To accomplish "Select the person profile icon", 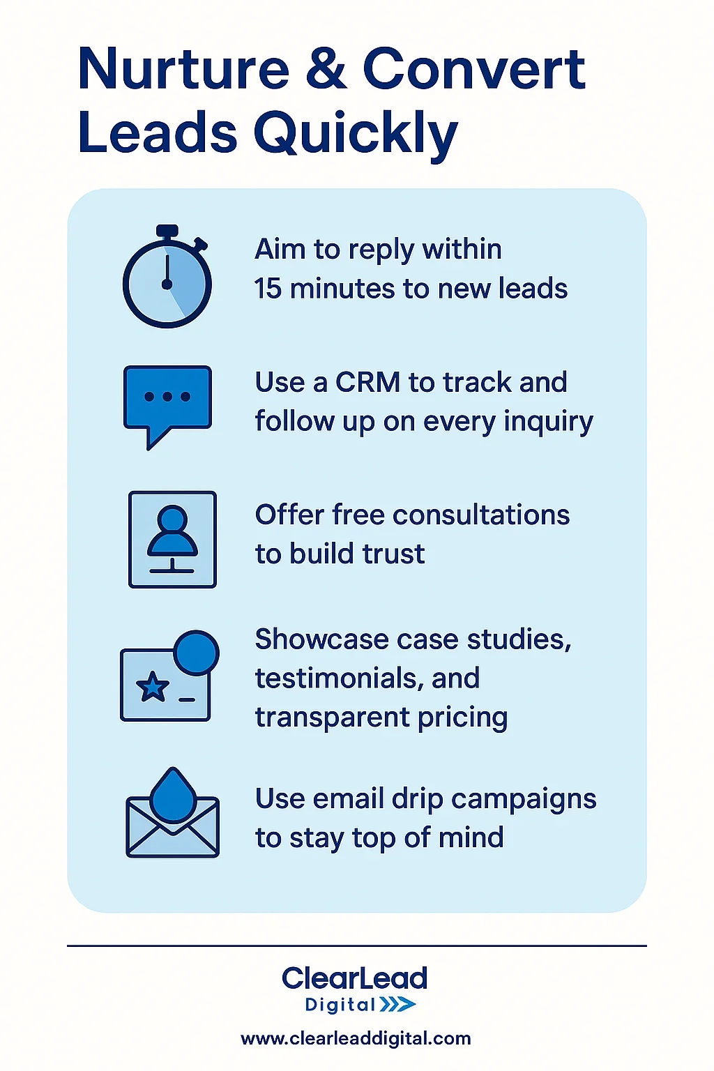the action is pos(172,539).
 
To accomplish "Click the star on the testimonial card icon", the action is pos(153,688).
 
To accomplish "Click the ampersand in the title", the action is pos(325,69).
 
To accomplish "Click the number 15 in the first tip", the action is pos(268,289).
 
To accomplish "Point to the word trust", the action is pos(394,554).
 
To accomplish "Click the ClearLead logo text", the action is pos(355,978).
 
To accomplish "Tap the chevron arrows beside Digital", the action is pos(398,1004).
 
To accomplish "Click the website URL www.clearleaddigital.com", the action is pos(356,1038).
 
